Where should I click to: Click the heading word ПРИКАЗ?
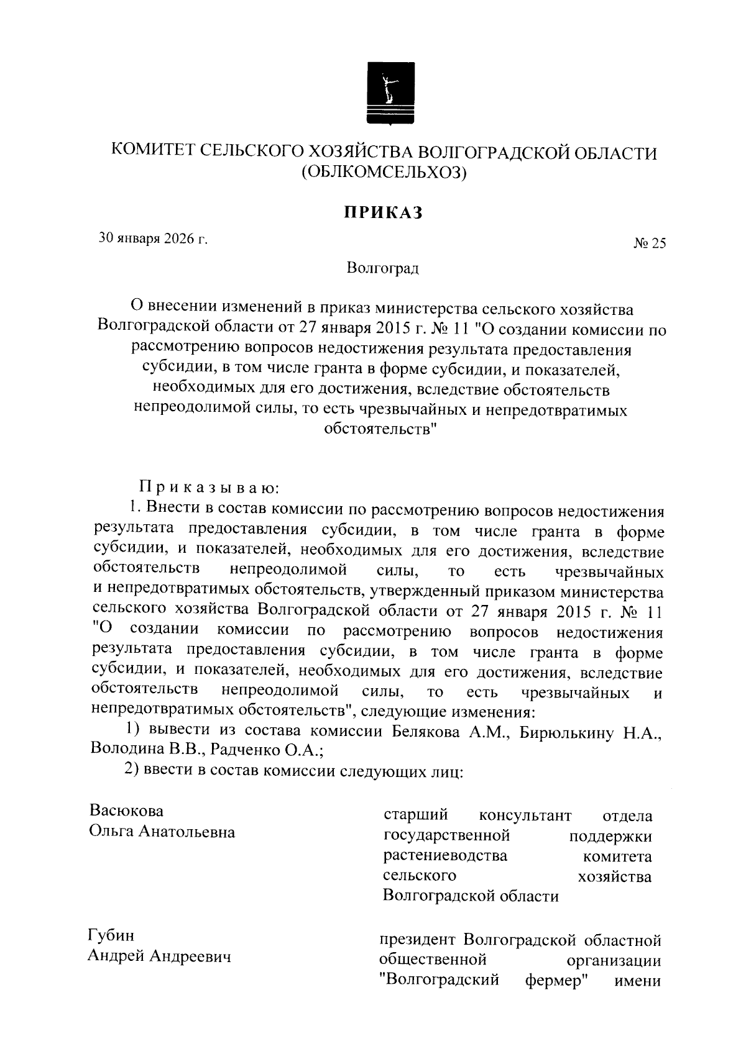(384, 212)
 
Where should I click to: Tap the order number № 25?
(649, 244)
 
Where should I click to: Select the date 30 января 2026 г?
(153, 239)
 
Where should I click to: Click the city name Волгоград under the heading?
(383, 268)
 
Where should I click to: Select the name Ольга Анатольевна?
(162, 832)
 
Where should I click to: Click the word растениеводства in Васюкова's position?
(444, 855)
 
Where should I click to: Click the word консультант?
(525, 814)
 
